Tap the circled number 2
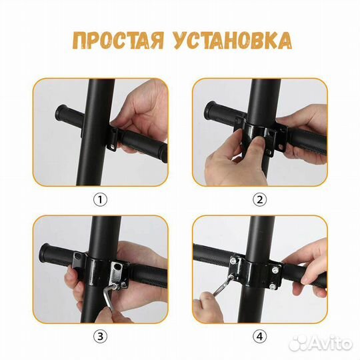tap(260, 199)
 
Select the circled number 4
tap(260, 335)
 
